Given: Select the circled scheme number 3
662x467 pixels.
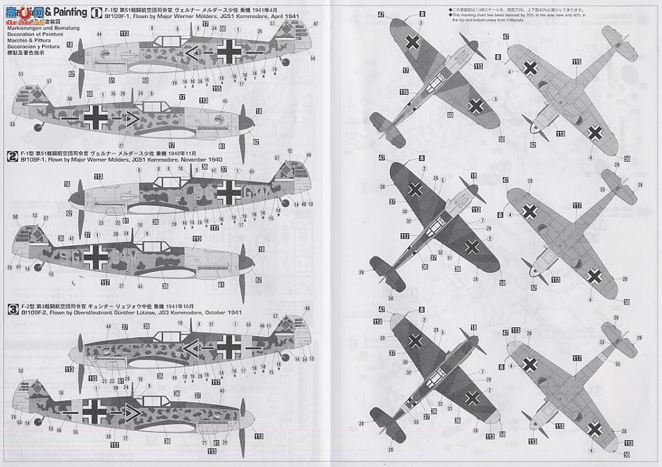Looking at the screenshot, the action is pyautogui.click(x=11, y=308).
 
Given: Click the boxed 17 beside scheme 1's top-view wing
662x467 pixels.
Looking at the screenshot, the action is pyautogui.click(x=405, y=69).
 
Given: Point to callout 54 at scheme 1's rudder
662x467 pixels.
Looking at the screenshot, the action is pyautogui.click(x=313, y=58).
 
